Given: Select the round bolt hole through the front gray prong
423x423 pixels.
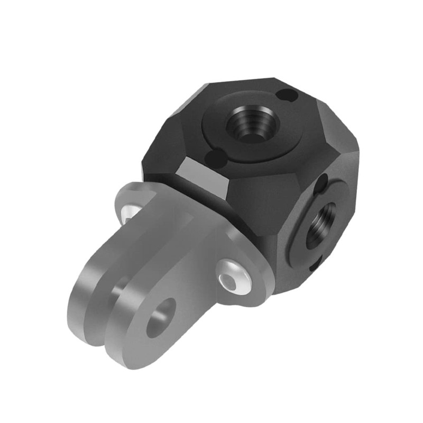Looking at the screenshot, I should coord(161,318).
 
